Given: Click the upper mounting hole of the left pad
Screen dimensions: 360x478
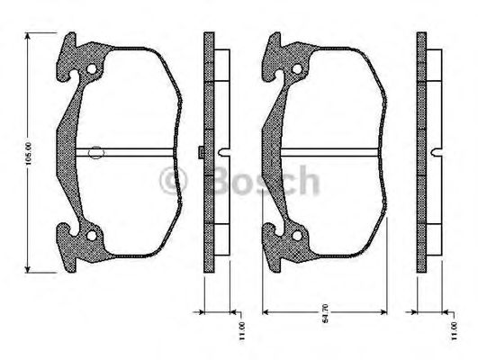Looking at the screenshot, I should point(90,71).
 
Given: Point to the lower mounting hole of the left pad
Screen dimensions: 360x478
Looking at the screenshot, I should point(90,237).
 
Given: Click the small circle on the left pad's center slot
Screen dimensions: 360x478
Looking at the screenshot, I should point(96,154).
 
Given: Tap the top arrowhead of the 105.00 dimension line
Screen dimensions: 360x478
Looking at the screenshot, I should point(31,36).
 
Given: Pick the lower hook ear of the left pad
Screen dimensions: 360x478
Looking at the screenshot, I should point(68,255).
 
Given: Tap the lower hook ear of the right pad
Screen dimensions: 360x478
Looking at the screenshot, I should point(273,255).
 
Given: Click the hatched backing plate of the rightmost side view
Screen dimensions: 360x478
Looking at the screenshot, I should point(422,153).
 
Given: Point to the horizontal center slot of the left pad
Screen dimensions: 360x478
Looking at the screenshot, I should point(135,150).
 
